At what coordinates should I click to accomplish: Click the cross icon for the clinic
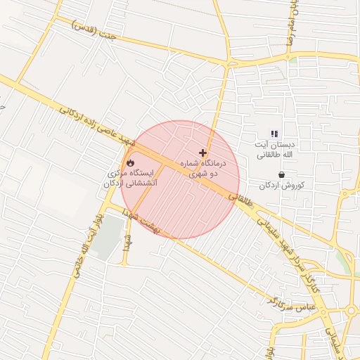[x=203, y=153]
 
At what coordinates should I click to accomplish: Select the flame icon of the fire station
[x=130, y=162]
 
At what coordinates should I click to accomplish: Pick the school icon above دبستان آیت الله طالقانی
[x=274, y=134]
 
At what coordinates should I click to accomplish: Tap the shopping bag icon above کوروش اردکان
[x=281, y=174]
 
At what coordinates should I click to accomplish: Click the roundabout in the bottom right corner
[x=349, y=311]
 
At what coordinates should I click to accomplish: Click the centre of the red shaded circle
[x=180, y=180]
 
